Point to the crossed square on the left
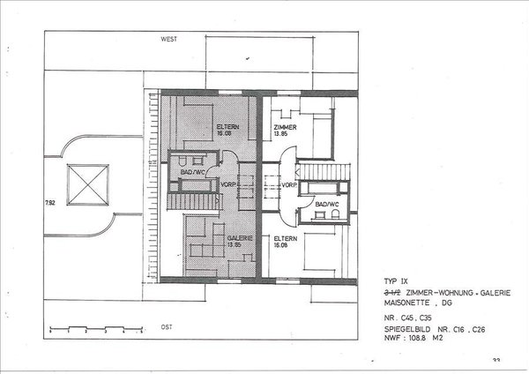click(x=87, y=184)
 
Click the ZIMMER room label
click(x=285, y=129)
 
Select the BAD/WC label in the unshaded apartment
click(x=325, y=204)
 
